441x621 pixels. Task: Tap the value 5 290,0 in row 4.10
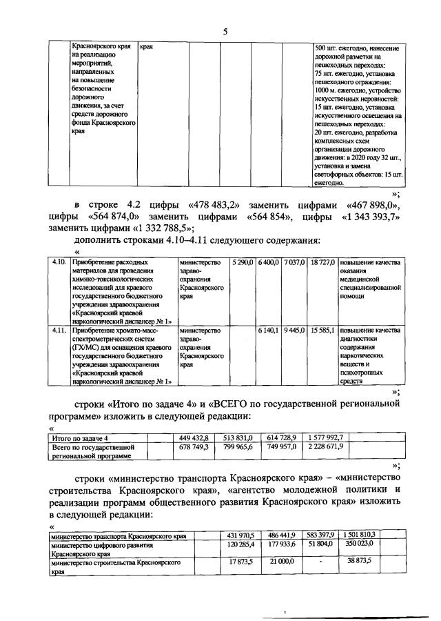tap(243, 263)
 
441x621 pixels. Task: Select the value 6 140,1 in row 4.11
tap(269, 331)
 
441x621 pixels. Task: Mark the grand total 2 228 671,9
tap(330, 447)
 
